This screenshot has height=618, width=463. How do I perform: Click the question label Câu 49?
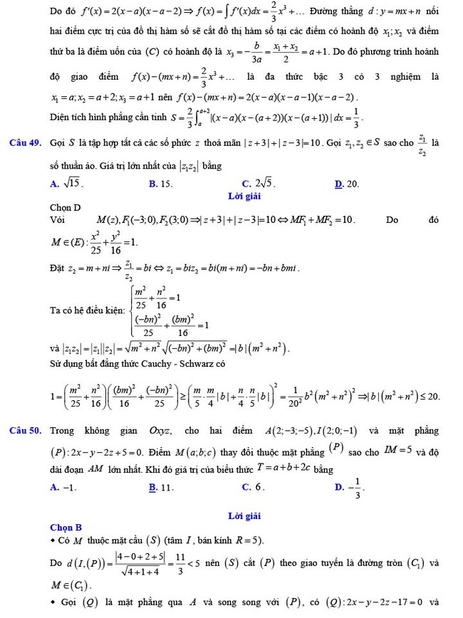coord(26,142)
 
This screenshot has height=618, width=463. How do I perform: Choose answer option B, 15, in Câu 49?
coord(161,184)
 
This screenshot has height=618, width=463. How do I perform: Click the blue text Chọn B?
coord(66,528)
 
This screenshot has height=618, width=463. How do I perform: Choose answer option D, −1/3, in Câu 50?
coord(348,487)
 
